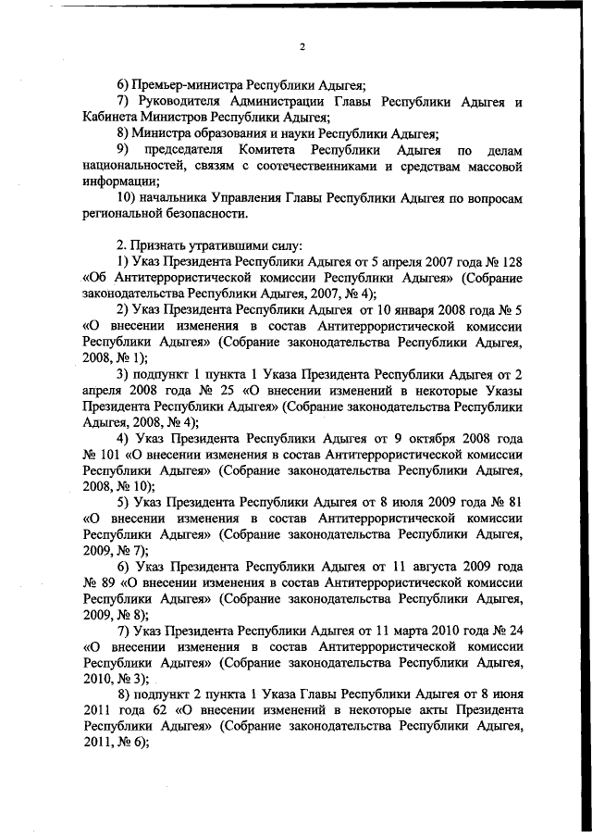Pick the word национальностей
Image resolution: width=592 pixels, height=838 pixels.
135,166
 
